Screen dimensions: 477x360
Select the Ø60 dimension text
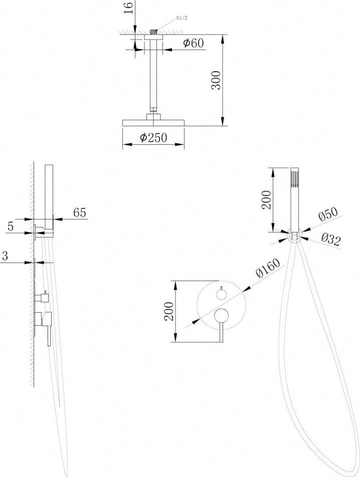(x=193, y=44)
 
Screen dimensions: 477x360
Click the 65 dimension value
(x=80, y=212)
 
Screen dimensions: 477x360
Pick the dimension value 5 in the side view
(x=11, y=226)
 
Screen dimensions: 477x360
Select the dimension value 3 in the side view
(x=5, y=256)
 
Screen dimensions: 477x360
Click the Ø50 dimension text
(x=328, y=214)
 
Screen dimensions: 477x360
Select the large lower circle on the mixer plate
(x=221, y=316)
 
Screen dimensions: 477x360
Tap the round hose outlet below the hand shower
(x=294, y=236)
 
